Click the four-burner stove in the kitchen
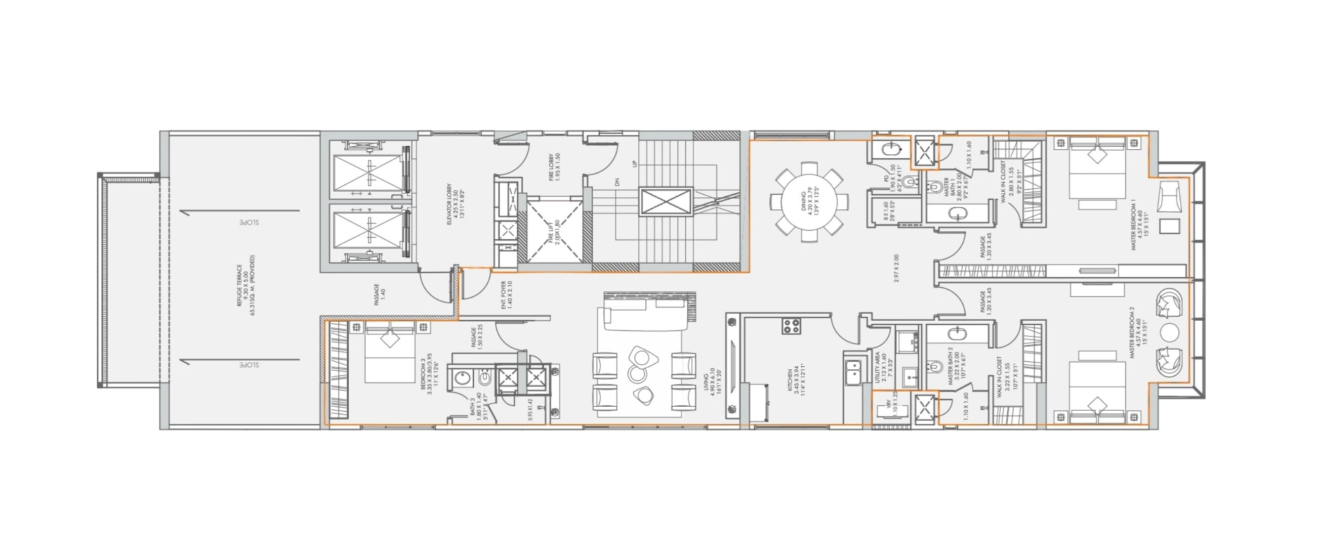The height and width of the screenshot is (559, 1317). pyautogui.click(x=791, y=326)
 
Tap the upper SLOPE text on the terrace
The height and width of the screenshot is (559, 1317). pyautogui.click(x=249, y=223)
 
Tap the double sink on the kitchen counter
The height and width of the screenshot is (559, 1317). pyautogui.click(x=852, y=372)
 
